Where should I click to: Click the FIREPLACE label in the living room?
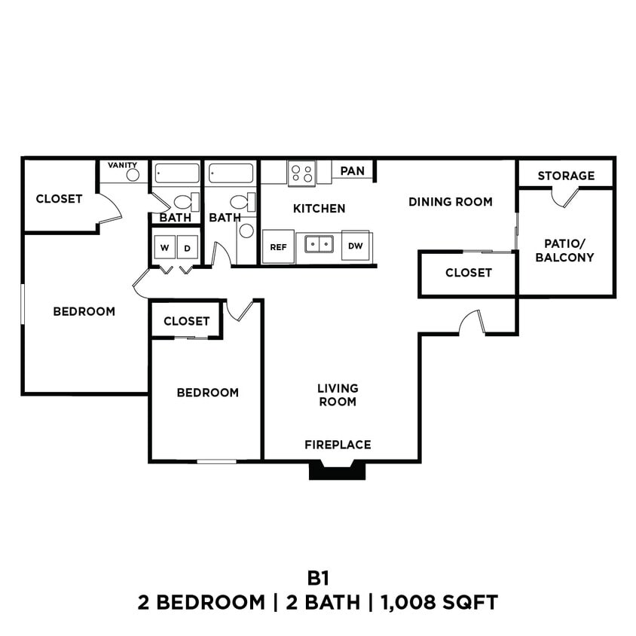click(x=338, y=445)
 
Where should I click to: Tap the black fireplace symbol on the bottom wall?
click(x=338, y=471)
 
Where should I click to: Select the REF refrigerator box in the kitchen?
click(x=278, y=247)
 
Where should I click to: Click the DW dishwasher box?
click(x=355, y=246)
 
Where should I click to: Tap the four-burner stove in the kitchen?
click(x=302, y=174)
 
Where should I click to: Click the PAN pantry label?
click(x=352, y=171)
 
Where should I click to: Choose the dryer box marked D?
click(x=188, y=247)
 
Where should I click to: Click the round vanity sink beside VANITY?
click(x=133, y=176)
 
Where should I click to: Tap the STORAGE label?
click(x=566, y=176)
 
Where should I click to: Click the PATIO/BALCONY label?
click(x=569, y=250)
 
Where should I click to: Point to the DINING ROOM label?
click(x=451, y=202)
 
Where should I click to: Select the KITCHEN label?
click(x=320, y=209)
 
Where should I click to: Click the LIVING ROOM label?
click(x=338, y=395)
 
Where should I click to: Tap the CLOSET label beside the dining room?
click(x=468, y=273)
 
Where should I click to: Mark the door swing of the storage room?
click(x=564, y=197)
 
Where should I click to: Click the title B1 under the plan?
click(x=318, y=578)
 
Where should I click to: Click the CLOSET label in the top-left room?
click(x=60, y=199)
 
